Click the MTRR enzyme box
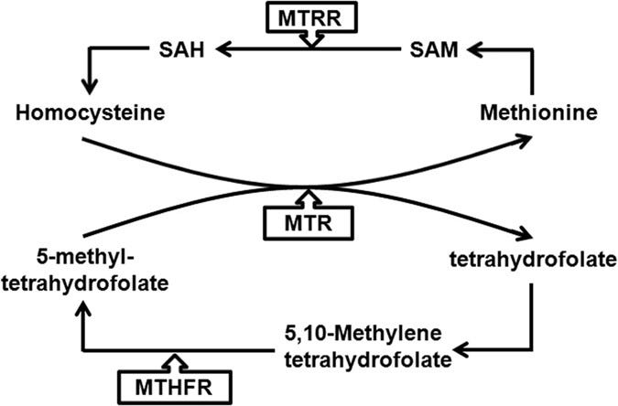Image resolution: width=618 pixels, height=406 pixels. tap(310, 17)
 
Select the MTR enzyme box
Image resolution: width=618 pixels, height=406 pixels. tap(309, 220)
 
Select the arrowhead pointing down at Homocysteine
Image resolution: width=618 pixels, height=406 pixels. tap(89, 90)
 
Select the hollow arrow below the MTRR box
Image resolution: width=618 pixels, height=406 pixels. tap(310, 40)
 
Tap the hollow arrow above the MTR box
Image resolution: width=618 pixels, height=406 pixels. tap(309, 196)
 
